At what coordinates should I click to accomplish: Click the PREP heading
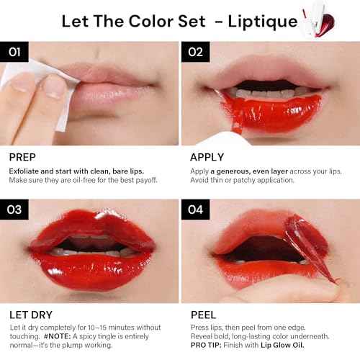click(23, 156)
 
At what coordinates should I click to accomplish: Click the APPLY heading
click(207, 156)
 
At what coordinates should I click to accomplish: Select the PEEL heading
click(203, 315)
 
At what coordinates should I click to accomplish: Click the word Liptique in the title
click(264, 21)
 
